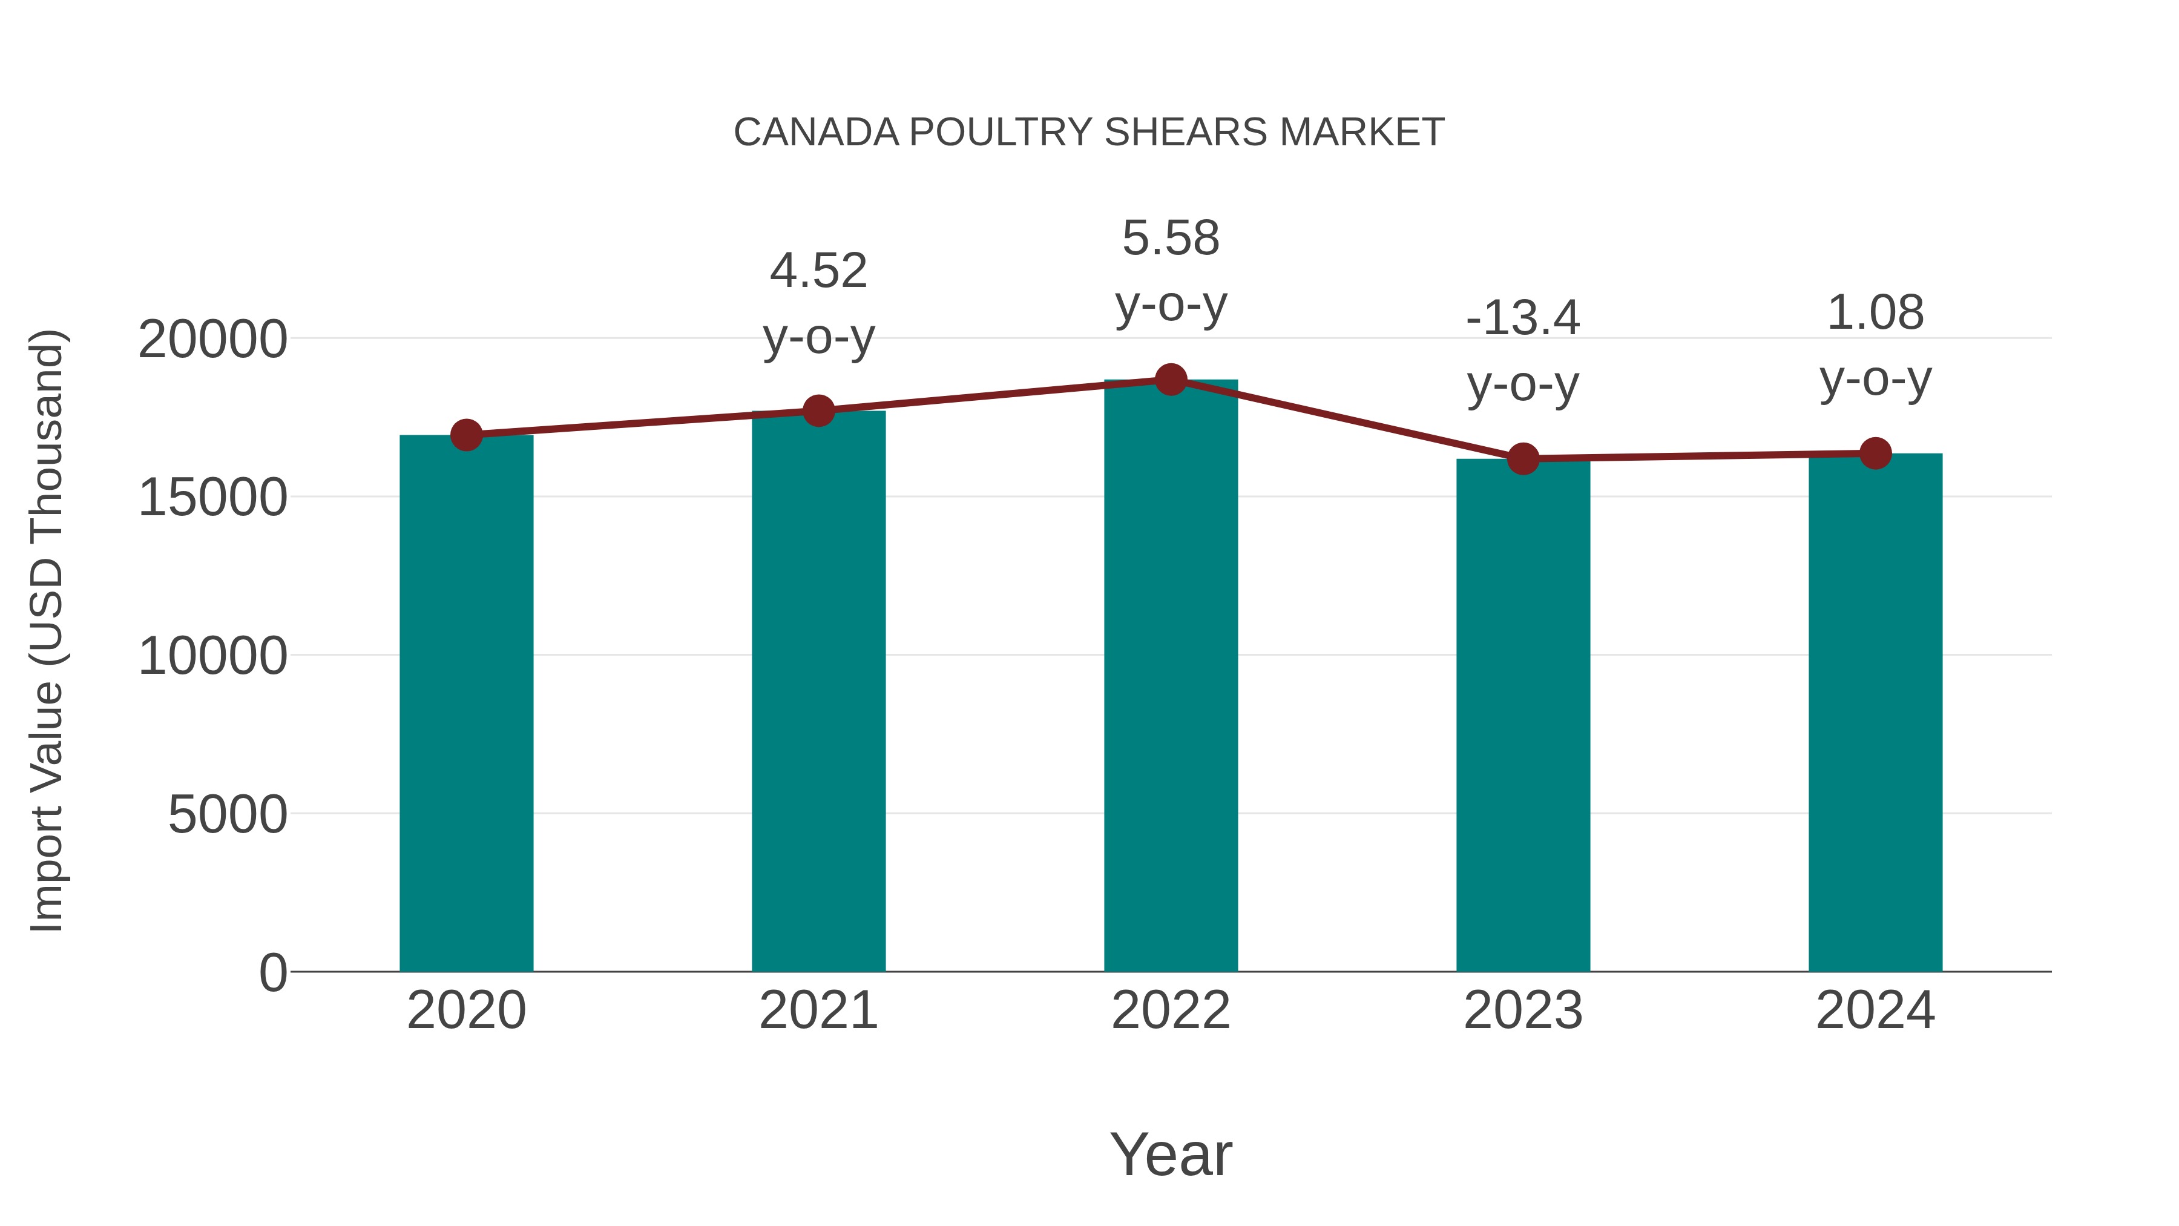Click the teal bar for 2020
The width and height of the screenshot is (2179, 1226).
click(466, 702)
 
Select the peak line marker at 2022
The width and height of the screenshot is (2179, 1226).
click(1171, 380)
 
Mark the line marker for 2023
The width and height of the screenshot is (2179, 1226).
click(1523, 458)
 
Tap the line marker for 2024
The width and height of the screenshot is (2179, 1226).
click(1875, 453)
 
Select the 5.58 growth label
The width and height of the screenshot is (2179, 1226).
click(1171, 238)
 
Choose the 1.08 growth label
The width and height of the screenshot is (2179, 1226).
click(1875, 312)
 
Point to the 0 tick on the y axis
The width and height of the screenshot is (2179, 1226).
click(272, 972)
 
